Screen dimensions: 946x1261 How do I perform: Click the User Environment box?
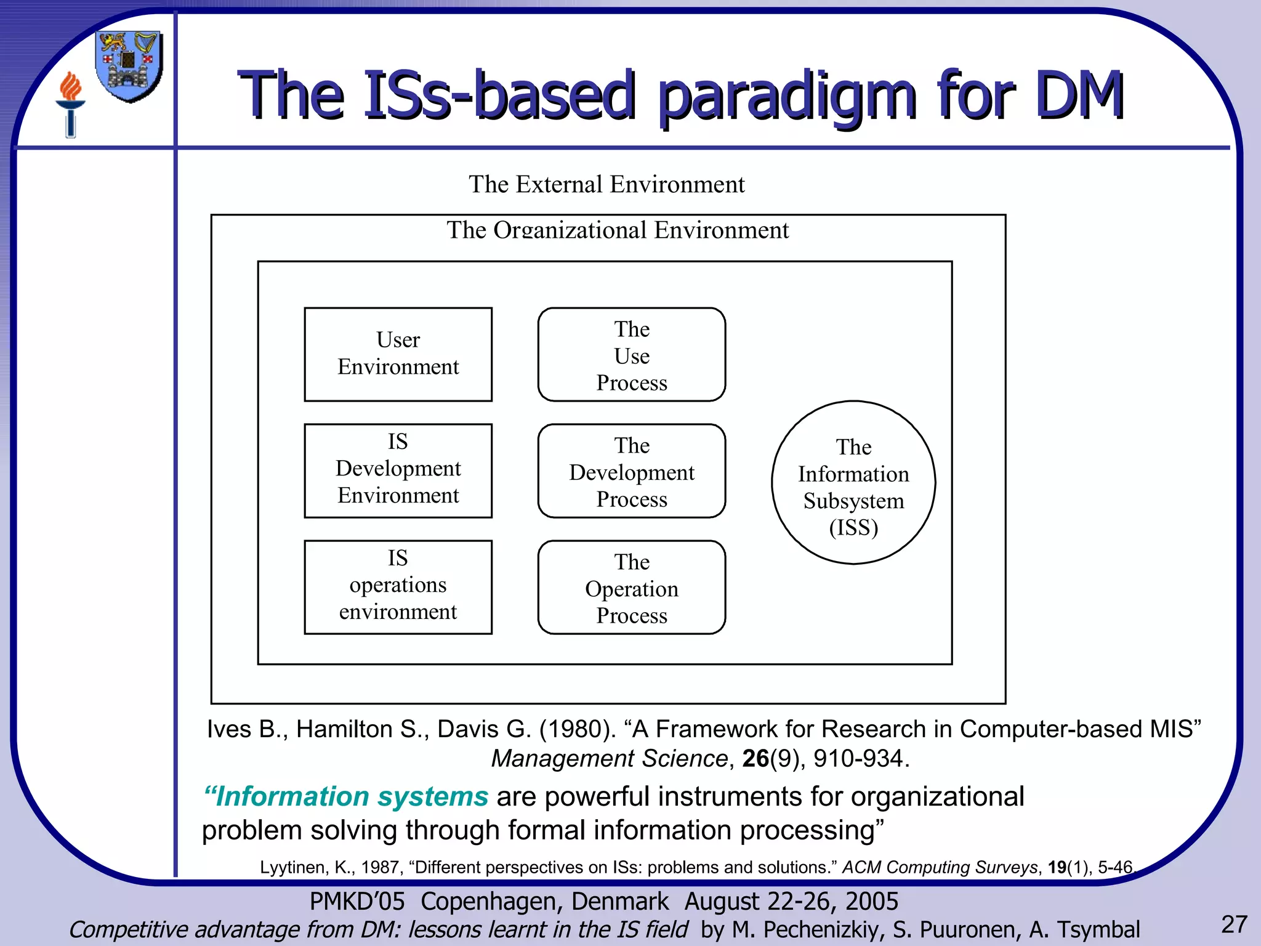pyautogui.click(x=398, y=354)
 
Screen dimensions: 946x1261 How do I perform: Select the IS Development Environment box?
pyautogui.click(x=398, y=471)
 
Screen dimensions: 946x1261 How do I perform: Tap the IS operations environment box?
pyautogui.click(x=398, y=587)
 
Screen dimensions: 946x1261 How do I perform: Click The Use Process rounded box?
pyautogui.click(x=631, y=355)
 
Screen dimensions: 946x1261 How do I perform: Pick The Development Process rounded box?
pyautogui.click(x=631, y=471)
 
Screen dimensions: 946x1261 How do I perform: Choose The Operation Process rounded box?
pyautogui.click(x=631, y=588)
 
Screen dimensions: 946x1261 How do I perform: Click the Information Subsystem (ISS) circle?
pyautogui.click(x=853, y=483)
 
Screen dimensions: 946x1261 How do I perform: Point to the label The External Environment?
pyautogui.click(x=606, y=184)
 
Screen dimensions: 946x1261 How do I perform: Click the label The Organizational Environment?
pyautogui.click(x=617, y=230)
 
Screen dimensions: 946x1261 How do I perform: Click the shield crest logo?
pyautogui.click(x=129, y=66)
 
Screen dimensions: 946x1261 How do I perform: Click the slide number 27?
pyautogui.click(x=1234, y=924)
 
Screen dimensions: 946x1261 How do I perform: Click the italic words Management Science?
pyautogui.click(x=609, y=758)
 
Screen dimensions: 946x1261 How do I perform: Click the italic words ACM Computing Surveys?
pyautogui.click(x=940, y=867)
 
